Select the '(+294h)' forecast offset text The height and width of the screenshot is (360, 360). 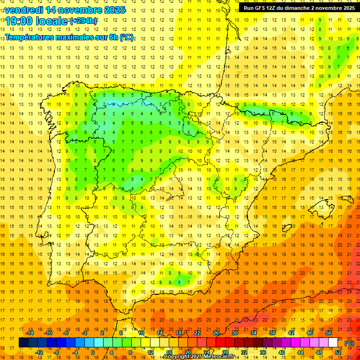(x=83, y=21)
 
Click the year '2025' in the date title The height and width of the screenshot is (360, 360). (x=114, y=10)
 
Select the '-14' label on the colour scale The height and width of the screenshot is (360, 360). (x=30, y=333)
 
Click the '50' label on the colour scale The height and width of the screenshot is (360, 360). (x=328, y=333)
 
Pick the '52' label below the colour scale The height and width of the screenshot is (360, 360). (x=338, y=352)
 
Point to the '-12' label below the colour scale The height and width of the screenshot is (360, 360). (x=39, y=352)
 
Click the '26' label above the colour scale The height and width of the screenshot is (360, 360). (x=216, y=333)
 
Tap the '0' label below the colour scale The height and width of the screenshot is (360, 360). (x=93, y=352)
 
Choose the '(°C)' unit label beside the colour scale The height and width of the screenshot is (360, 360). (x=349, y=343)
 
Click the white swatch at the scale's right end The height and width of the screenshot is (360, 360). (x=333, y=343)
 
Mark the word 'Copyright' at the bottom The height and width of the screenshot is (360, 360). (x=178, y=357)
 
